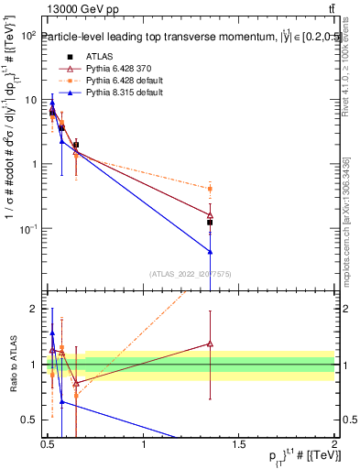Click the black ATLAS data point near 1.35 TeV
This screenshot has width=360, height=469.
(x=210, y=223)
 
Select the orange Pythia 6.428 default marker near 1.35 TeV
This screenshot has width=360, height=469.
(x=210, y=189)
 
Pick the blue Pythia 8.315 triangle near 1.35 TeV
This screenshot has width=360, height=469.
(x=210, y=251)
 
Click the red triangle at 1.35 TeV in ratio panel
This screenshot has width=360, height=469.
(x=210, y=344)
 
